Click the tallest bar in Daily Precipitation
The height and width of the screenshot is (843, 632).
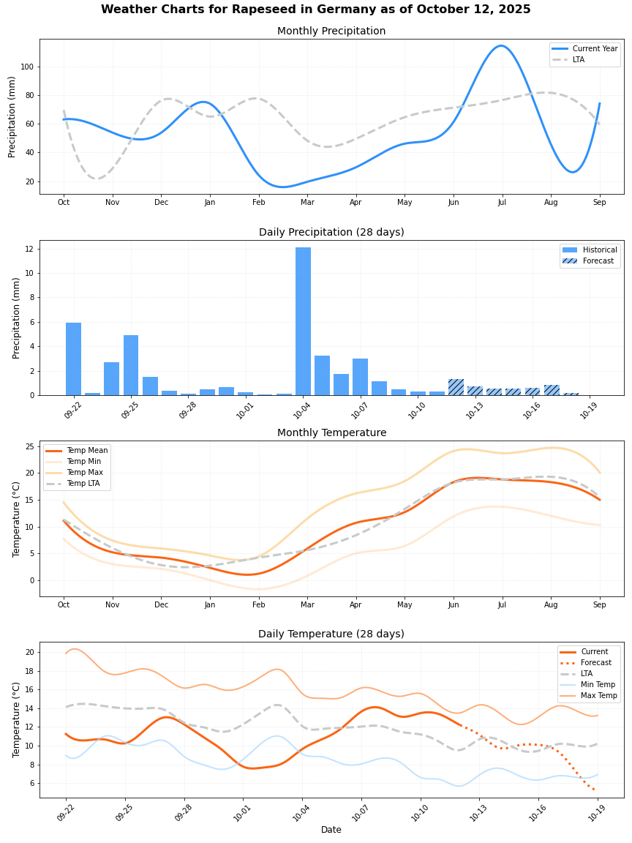(x=303, y=321)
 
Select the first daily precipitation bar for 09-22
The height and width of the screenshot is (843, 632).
(x=73, y=359)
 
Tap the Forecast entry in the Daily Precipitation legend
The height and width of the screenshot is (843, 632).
(x=598, y=261)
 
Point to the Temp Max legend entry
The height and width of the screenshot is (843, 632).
(x=84, y=473)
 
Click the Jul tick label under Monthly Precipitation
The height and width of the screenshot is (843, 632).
(x=502, y=202)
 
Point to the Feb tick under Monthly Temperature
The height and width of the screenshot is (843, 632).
(x=258, y=604)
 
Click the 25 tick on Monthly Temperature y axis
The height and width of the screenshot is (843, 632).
(x=29, y=446)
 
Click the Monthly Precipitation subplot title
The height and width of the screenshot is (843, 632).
(x=331, y=31)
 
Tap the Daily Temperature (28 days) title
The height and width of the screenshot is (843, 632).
(x=331, y=634)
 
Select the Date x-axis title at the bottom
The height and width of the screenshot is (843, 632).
(x=331, y=830)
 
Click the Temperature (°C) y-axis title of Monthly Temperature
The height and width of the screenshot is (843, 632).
(x=17, y=518)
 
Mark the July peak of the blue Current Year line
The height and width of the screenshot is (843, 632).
(x=501, y=45)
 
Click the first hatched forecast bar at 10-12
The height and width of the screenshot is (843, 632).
(x=456, y=387)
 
